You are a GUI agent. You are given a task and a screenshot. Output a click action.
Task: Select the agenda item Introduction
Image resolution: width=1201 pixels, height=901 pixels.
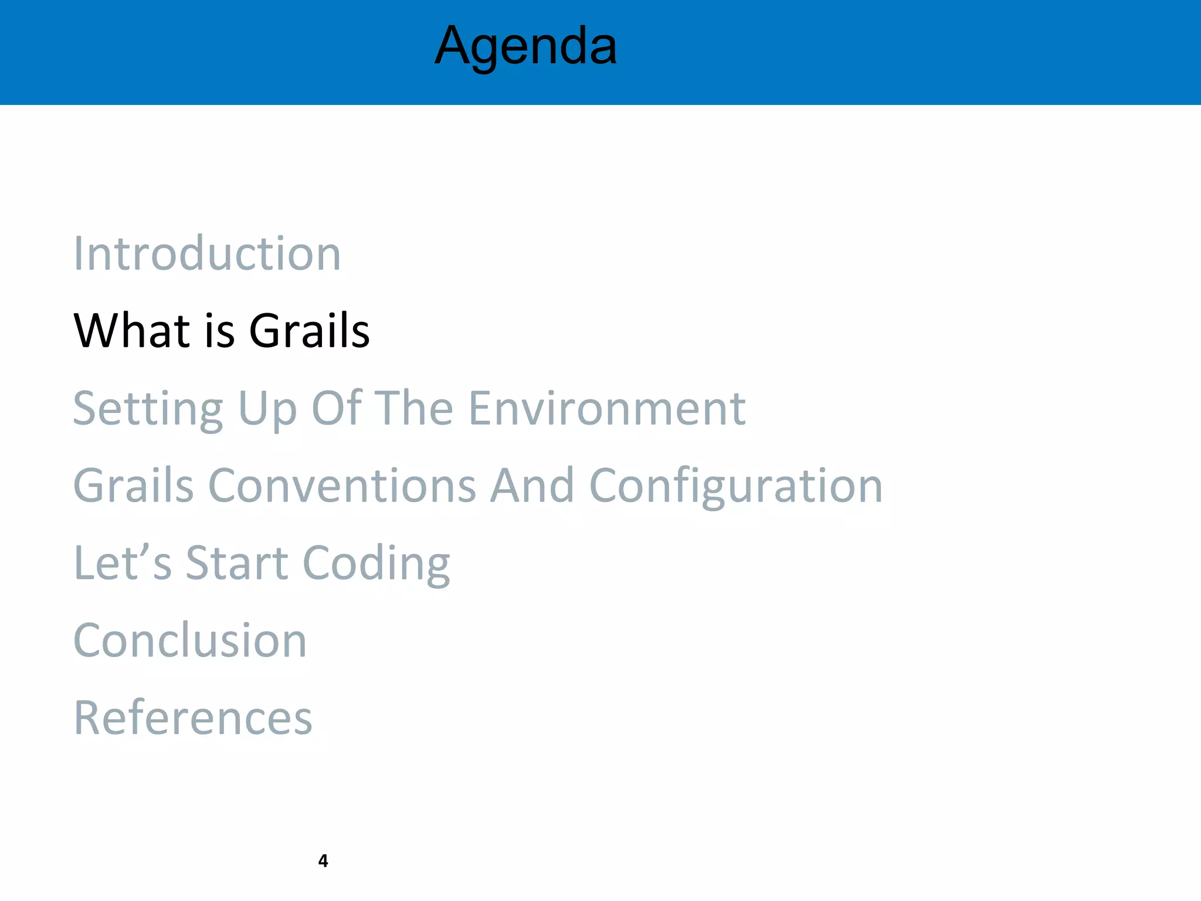(x=207, y=253)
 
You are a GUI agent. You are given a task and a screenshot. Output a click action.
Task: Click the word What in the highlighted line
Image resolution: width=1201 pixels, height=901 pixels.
(x=132, y=331)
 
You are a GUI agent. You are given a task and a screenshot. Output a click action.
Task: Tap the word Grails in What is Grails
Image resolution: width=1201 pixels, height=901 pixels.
(x=309, y=331)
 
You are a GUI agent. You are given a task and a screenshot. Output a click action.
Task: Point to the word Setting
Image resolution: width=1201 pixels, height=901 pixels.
(x=148, y=409)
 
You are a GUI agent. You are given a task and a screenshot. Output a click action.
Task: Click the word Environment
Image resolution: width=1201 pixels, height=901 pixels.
(x=607, y=408)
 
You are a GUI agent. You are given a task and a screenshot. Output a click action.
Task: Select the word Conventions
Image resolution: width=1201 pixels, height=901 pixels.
(x=342, y=486)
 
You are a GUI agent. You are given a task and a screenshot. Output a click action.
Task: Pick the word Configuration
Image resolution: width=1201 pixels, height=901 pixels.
(x=735, y=487)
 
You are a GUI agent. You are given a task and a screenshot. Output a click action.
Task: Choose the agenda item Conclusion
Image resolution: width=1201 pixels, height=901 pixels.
(x=190, y=641)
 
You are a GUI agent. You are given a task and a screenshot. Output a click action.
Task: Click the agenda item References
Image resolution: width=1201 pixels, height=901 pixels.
(x=193, y=718)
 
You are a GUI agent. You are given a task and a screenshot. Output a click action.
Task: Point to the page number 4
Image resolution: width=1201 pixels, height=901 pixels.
(x=323, y=861)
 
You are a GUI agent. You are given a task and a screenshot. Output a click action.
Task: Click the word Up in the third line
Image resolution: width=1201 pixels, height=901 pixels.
(x=267, y=409)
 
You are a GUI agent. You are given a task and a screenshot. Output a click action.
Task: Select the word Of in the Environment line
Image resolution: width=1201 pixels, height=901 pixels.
(x=337, y=408)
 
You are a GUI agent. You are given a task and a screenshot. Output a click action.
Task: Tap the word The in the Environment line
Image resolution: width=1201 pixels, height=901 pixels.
(x=413, y=408)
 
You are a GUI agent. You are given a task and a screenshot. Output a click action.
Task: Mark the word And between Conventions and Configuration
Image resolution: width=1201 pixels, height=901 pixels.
(x=532, y=486)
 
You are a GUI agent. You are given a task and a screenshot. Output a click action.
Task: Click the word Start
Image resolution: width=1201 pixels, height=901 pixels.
(x=236, y=563)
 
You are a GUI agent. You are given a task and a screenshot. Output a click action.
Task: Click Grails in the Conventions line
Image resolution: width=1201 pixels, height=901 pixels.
(x=134, y=486)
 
